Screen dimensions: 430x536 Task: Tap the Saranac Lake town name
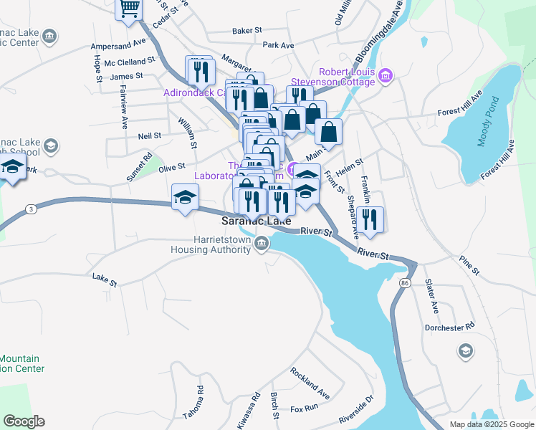[x=256, y=221]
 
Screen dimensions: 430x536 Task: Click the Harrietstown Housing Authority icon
[x=262, y=246]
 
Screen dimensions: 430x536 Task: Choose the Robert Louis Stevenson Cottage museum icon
[x=386, y=75]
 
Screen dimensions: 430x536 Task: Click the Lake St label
[x=105, y=279]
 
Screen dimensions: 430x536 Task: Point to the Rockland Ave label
[x=310, y=383]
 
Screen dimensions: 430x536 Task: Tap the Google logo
[x=24, y=421]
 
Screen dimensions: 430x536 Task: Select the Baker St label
[x=248, y=31]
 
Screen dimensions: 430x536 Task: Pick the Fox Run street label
[x=304, y=408]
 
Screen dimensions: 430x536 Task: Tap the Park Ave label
[x=279, y=45]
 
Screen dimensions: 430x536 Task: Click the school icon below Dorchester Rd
[x=465, y=350]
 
